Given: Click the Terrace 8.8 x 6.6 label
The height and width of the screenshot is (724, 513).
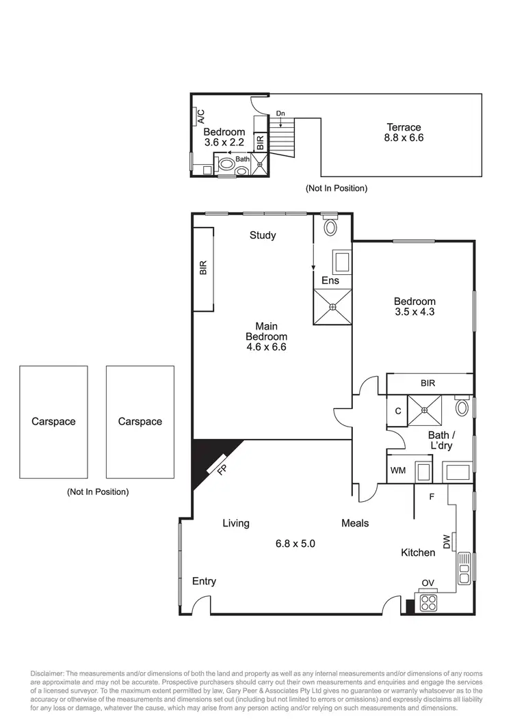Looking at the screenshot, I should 404,133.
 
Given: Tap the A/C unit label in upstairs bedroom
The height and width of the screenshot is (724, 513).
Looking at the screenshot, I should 201,117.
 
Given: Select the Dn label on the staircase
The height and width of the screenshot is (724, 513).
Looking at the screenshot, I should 280,113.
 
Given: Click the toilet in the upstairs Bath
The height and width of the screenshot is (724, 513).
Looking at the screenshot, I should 224,165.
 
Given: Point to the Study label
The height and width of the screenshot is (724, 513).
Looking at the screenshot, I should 263,235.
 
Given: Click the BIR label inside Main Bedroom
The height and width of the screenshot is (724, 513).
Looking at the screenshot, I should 203,268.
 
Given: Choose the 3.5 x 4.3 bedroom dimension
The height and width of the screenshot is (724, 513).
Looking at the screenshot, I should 415,312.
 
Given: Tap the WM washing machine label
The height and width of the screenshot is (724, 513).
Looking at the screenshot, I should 398,471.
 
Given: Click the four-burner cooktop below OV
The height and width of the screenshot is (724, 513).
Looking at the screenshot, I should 429,602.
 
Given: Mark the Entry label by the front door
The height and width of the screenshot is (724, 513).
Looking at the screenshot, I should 204,581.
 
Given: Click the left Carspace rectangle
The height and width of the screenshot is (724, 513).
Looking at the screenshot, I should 53,422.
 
